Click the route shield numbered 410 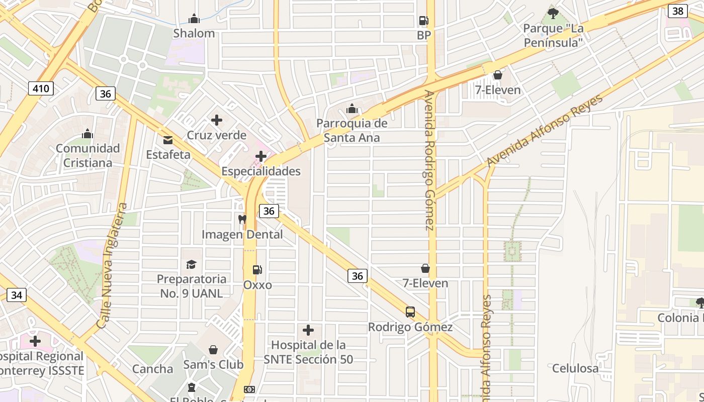pos(40,89)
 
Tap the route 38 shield pos(678,11)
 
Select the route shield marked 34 pos(16,295)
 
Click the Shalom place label pos(194,33)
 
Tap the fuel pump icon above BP pos(423,21)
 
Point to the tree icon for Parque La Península pos(553,13)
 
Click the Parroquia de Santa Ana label pos(352,130)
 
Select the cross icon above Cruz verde pos(217,120)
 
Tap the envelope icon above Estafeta pos(167,140)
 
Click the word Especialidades pos(261,171)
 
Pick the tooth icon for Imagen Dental pos(242,219)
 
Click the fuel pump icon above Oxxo pos(257,270)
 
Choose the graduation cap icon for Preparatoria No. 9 pos(191,264)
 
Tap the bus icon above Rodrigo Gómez pos(410,312)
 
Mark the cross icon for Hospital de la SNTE pos(308,330)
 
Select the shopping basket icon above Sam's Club pos(213,350)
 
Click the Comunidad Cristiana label pos(87,155)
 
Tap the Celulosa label pos(575,368)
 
